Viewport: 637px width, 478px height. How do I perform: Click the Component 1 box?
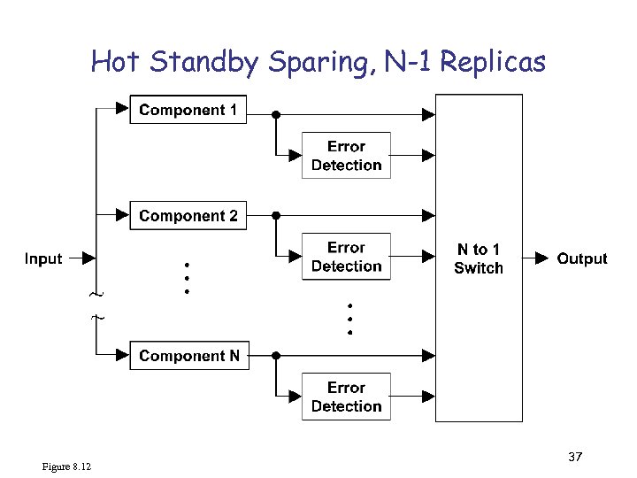(x=188, y=111)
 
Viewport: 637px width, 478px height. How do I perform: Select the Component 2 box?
(x=188, y=216)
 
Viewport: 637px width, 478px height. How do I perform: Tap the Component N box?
(x=188, y=356)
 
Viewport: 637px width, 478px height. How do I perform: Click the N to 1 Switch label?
(x=478, y=258)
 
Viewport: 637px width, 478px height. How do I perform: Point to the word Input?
(x=43, y=258)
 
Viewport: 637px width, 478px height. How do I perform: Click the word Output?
(x=582, y=258)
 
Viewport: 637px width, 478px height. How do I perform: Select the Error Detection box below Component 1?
(x=346, y=156)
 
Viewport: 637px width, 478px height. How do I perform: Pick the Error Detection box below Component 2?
(x=346, y=257)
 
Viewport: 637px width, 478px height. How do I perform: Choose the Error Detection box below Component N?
(x=346, y=397)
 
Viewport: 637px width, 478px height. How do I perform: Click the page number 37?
(x=575, y=457)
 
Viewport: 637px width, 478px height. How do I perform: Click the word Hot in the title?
(x=115, y=62)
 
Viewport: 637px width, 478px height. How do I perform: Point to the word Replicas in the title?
(x=492, y=62)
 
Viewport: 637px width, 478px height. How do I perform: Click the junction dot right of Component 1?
(x=276, y=114)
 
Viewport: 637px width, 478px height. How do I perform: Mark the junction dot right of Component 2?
(x=276, y=215)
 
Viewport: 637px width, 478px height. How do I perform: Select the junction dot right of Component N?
(x=276, y=356)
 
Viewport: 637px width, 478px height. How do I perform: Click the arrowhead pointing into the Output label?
(x=542, y=258)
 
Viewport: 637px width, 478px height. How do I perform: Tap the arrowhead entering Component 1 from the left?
(x=123, y=110)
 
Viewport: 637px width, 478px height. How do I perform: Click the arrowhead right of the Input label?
(x=88, y=258)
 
